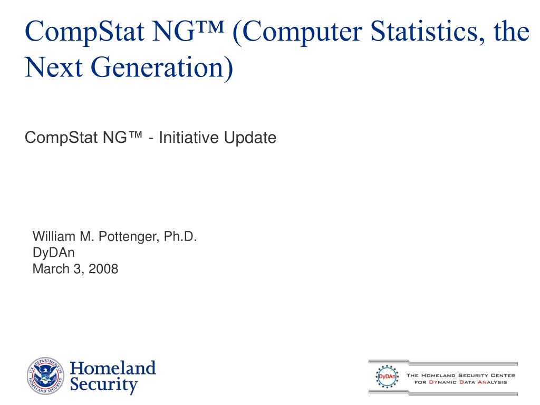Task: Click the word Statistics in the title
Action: pyautogui.click(x=429, y=32)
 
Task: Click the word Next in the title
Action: pyautogui.click(x=53, y=67)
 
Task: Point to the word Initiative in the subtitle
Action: pyautogui.click(x=189, y=138)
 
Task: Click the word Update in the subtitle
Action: pyautogui.click(x=250, y=138)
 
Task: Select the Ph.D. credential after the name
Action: pyautogui.click(x=180, y=236)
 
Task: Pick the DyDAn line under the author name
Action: pyautogui.click(x=53, y=253)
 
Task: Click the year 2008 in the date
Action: pyautogui.click(x=103, y=268)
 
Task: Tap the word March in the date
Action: pyautogui.click(x=51, y=268)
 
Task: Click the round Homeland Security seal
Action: pyautogui.click(x=45, y=375)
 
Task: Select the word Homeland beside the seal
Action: pyautogui.click(x=113, y=368)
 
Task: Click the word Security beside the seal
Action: pyautogui.click(x=104, y=384)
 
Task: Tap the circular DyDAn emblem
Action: pyautogui.click(x=387, y=377)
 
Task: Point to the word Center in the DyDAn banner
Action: pyautogui.click(x=503, y=375)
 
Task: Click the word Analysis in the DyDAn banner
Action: pyautogui.click(x=492, y=382)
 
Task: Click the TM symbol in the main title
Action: pyautogui.click(x=210, y=26)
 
